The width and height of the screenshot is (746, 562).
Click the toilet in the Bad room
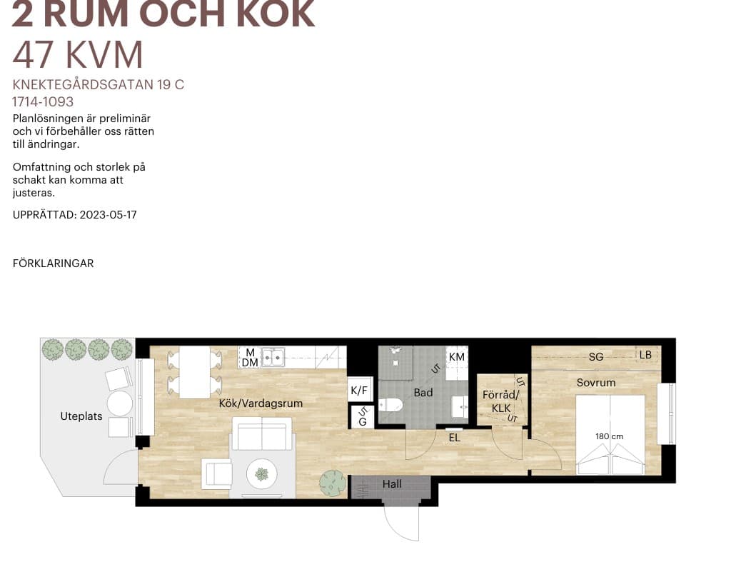coord(391,406)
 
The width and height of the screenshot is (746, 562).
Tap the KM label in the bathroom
coord(457,357)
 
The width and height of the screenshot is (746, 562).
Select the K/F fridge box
coord(359,391)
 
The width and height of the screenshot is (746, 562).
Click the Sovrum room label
coord(595,383)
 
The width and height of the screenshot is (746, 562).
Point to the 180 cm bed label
coord(609,436)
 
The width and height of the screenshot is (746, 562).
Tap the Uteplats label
coord(81,416)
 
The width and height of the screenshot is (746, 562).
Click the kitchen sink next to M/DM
coord(273,357)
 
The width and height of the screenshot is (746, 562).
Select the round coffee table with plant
coord(262,474)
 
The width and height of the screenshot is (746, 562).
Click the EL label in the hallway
coord(454,438)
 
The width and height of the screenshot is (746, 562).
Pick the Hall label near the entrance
coord(392,484)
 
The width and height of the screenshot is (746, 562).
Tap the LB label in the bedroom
coord(645,355)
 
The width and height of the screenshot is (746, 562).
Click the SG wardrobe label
coord(595,357)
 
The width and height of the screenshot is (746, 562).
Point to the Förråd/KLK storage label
coord(500,401)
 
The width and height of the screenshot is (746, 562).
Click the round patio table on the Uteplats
coord(119,403)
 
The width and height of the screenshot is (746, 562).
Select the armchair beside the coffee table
coord(216,473)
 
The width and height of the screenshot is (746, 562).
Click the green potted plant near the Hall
coord(333,483)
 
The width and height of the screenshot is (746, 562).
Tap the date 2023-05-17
coord(108,215)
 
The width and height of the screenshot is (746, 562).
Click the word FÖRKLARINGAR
coord(54,264)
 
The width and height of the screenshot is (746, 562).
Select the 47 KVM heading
coord(78,55)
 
